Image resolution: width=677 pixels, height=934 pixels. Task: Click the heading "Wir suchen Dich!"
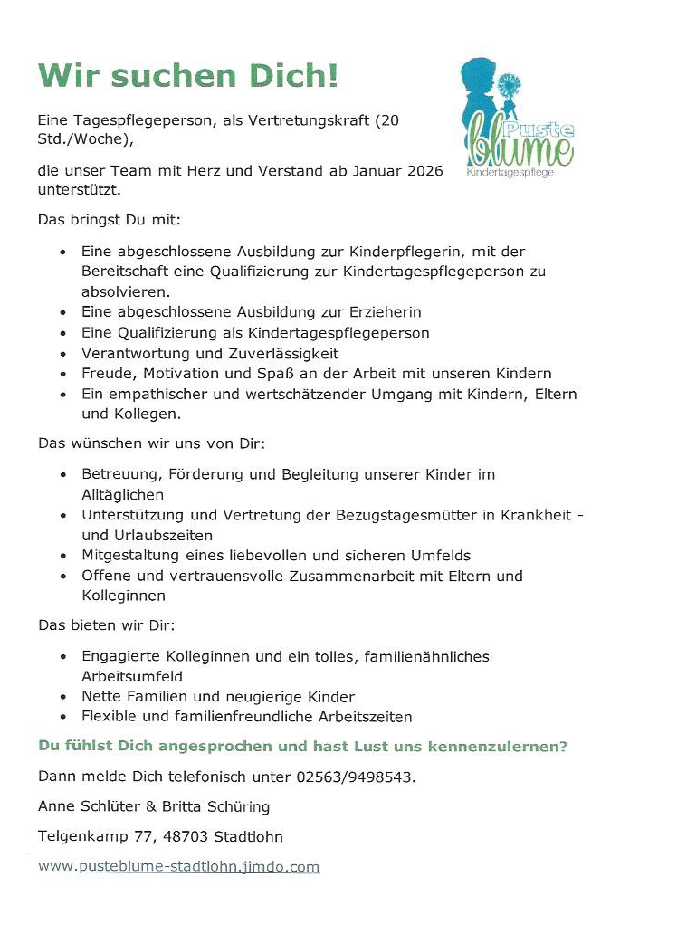(x=188, y=76)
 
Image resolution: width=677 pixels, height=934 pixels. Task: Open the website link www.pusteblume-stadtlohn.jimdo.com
(x=178, y=866)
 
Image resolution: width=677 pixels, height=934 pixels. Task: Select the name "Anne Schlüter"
(x=84, y=806)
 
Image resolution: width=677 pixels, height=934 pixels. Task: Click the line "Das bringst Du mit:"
(x=110, y=219)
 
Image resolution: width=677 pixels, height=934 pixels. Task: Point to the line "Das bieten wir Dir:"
(x=106, y=624)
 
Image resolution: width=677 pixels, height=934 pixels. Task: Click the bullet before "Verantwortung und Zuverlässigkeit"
(x=62, y=354)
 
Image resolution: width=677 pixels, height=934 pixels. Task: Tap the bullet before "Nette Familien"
(x=62, y=698)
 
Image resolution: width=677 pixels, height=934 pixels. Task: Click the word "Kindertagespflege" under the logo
(x=510, y=171)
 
